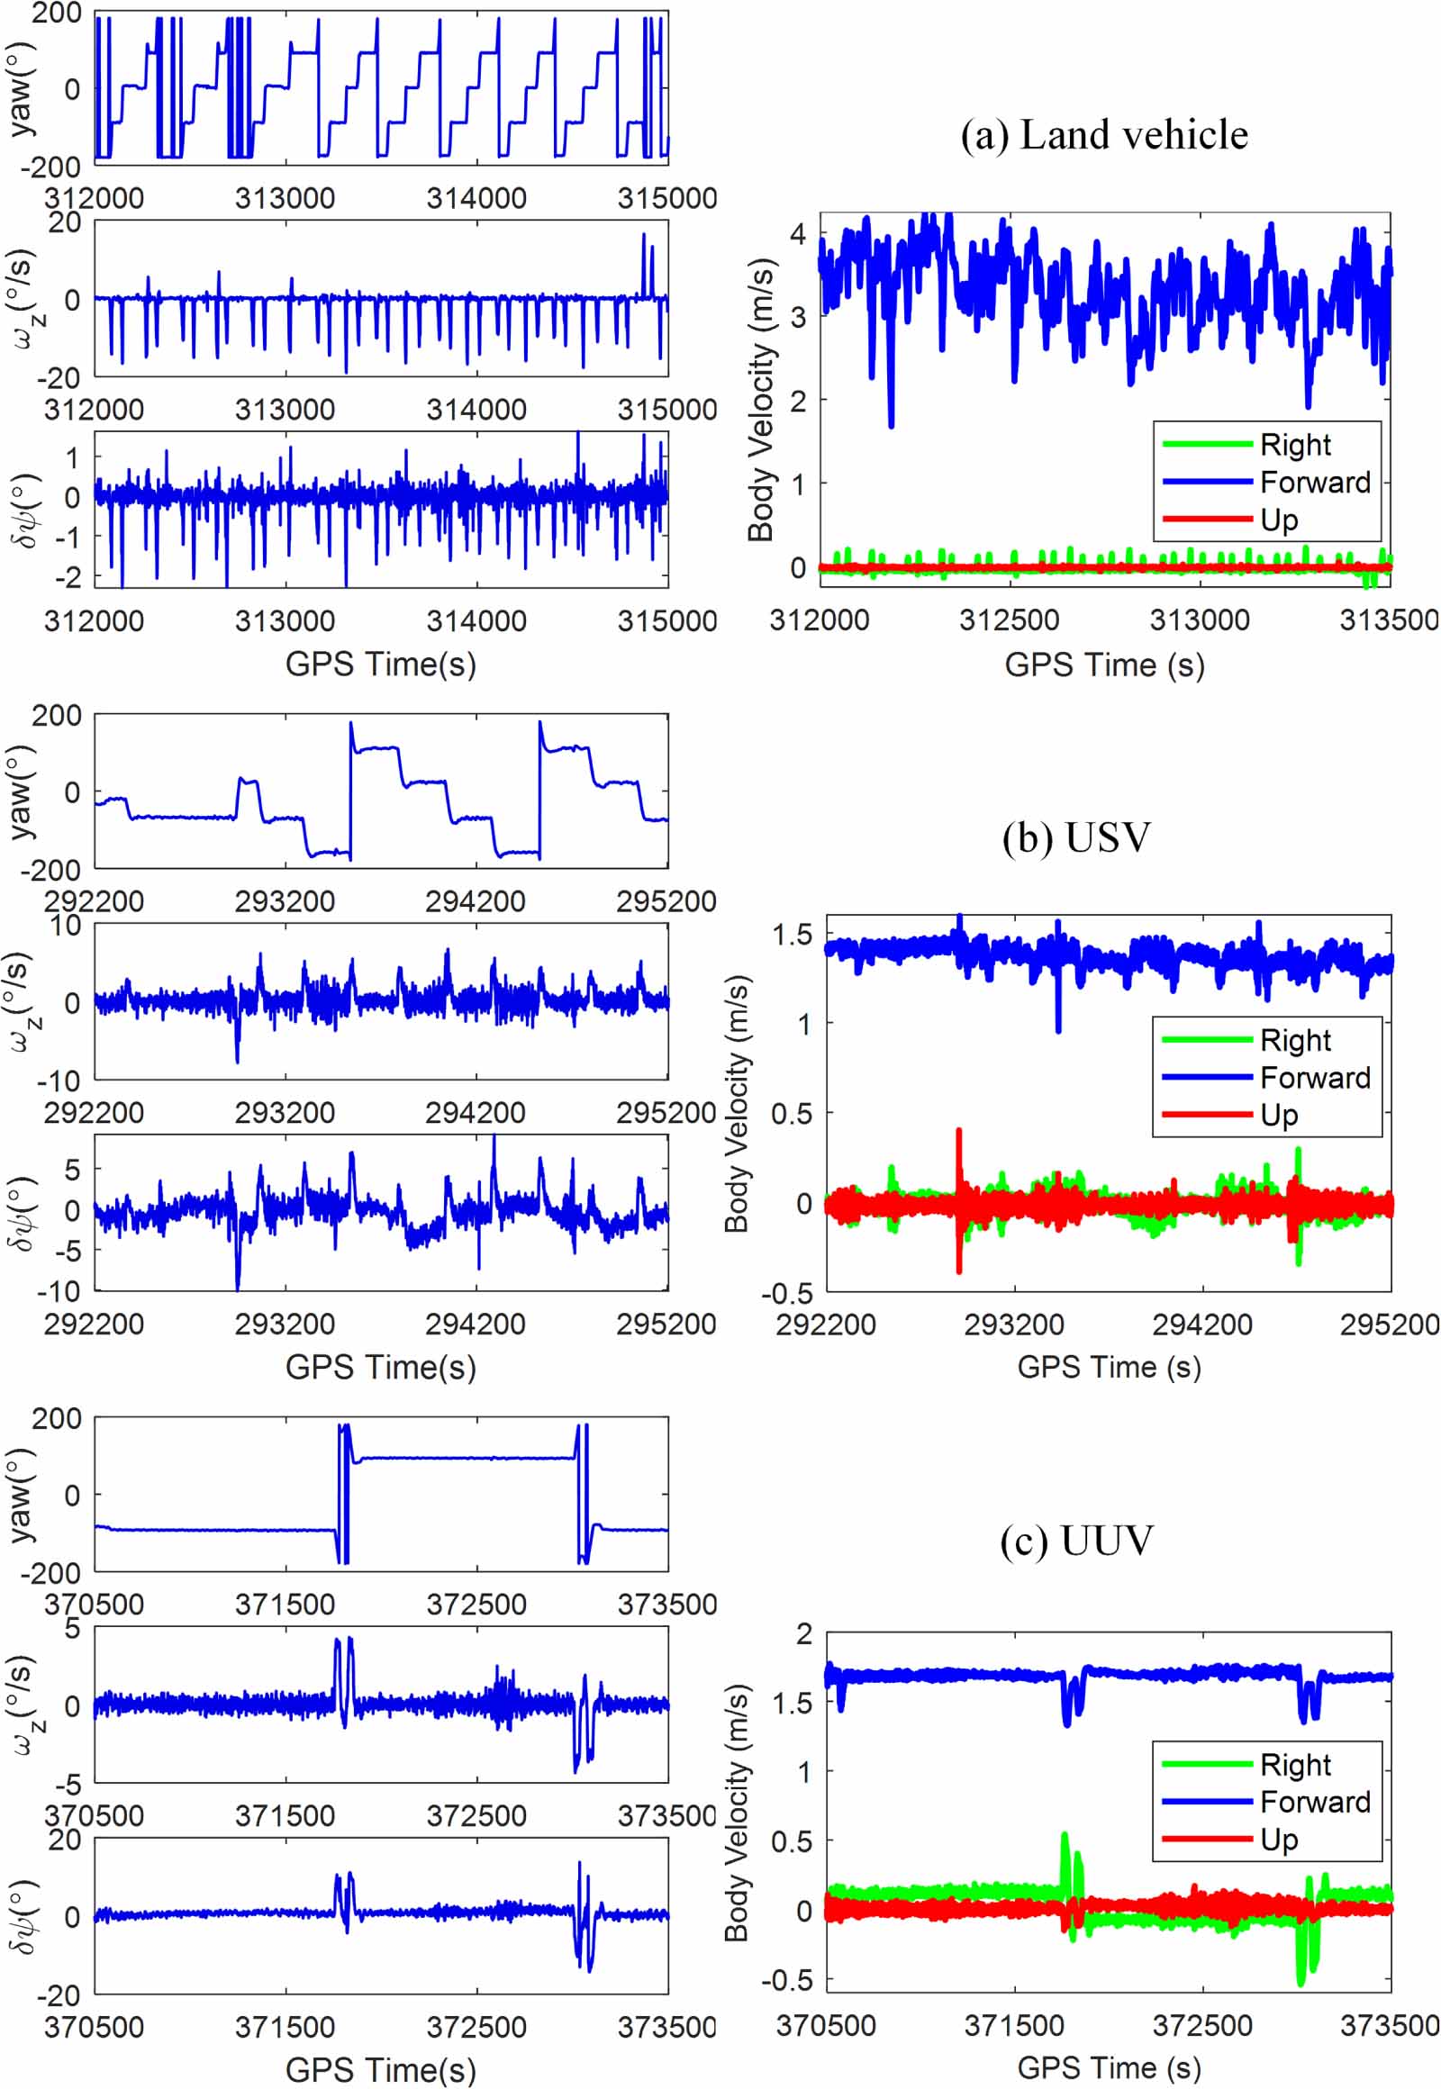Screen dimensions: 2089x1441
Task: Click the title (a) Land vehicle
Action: click(1103, 135)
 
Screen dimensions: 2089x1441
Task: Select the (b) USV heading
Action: click(1076, 837)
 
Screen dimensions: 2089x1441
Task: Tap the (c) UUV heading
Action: click(1076, 1540)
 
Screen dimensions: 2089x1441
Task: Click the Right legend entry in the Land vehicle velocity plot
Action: click(1295, 445)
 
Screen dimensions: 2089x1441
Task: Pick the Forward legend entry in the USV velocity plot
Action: click(1315, 1078)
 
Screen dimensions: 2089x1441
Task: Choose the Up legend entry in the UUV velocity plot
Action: click(1279, 1839)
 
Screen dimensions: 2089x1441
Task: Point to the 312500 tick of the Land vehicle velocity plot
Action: click(1009, 620)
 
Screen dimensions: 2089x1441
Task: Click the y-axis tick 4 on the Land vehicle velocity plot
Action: click(798, 235)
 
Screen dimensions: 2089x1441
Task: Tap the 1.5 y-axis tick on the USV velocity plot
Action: click(792, 936)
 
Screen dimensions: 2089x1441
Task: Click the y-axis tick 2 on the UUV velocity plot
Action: click(803, 1633)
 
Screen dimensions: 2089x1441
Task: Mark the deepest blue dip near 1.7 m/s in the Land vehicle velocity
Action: click(891, 424)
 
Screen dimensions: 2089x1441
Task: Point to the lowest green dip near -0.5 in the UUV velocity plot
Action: click(1301, 1982)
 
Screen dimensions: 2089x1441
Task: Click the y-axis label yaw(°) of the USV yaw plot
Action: click(20, 791)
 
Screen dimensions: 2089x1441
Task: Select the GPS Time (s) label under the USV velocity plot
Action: click(1109, 1367)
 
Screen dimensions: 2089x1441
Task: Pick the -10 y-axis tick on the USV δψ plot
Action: click(59, 1292)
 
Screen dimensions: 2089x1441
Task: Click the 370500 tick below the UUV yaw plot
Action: click(94, 1605)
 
